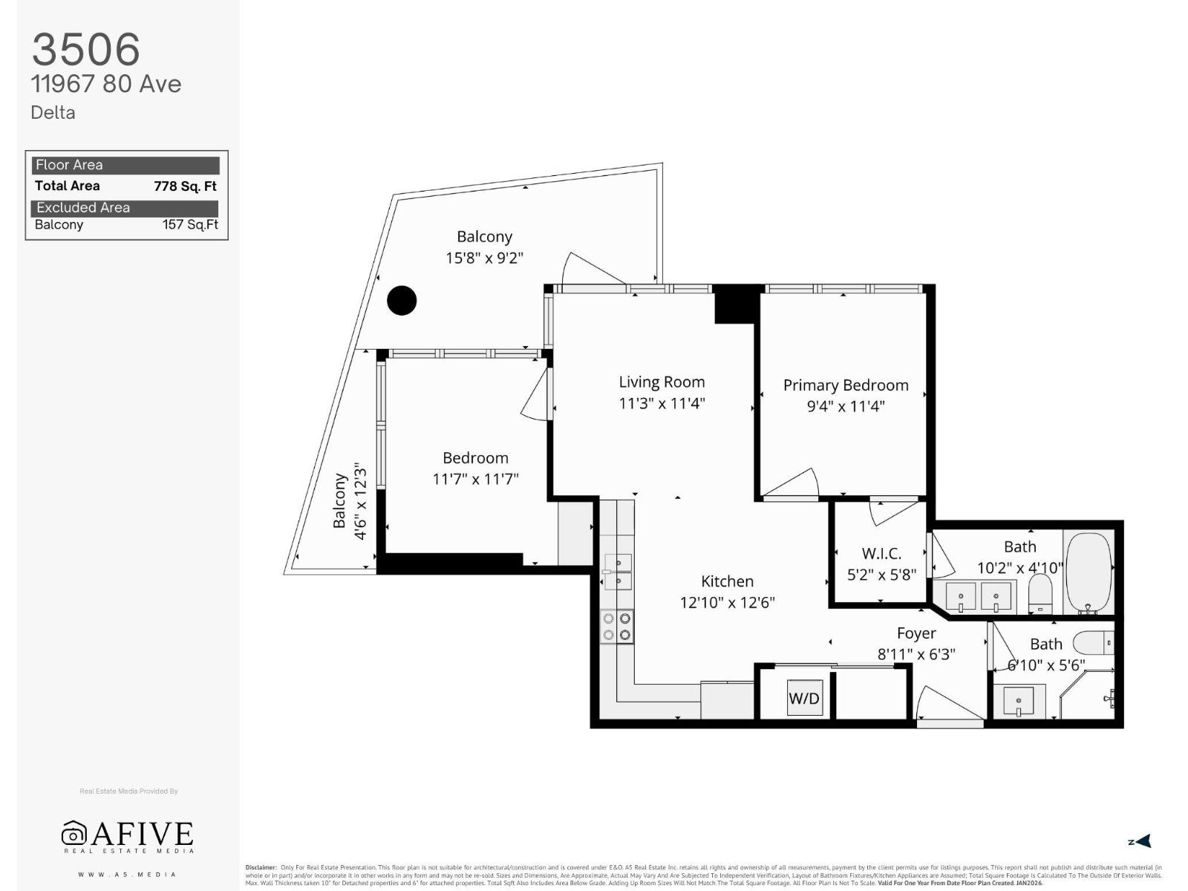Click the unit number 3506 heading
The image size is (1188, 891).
point(85,50)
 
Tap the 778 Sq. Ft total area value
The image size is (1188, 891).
point(185,186)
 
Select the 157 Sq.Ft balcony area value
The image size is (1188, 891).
point(190,225)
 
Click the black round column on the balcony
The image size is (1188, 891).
point(402,301)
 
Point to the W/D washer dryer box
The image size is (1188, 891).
point(804,698)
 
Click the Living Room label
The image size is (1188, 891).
point(662,382)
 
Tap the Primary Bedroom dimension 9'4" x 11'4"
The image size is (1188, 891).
point(846,406)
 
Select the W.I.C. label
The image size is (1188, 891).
point(881,553)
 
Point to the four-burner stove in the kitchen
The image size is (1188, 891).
point(617,626)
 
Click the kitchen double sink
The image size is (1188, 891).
point(617,571)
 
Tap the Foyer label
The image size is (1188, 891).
point(916,633)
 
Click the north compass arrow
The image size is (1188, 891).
point(1141,841)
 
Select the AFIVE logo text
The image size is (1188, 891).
point(141,834)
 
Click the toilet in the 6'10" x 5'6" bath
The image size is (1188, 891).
point(1094,642)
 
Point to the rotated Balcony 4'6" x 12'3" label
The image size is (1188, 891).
point(350,501)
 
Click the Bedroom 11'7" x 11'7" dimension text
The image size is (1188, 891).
point(475,479)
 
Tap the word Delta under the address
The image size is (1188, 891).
point(53,113)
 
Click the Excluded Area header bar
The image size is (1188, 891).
point(125,208)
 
